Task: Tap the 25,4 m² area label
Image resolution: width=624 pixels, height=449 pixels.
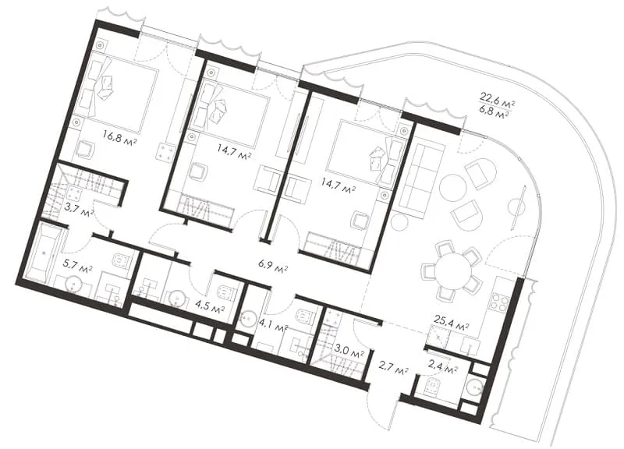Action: click(451, 328)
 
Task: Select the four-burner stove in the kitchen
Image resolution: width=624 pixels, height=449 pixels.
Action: click(498, 301)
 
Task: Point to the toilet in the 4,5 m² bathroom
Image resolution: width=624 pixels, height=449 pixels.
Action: click(225, 292)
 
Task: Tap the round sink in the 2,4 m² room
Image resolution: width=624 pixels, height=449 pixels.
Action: click(474, 386)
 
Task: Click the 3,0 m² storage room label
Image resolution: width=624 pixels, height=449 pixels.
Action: click(349, 353)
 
